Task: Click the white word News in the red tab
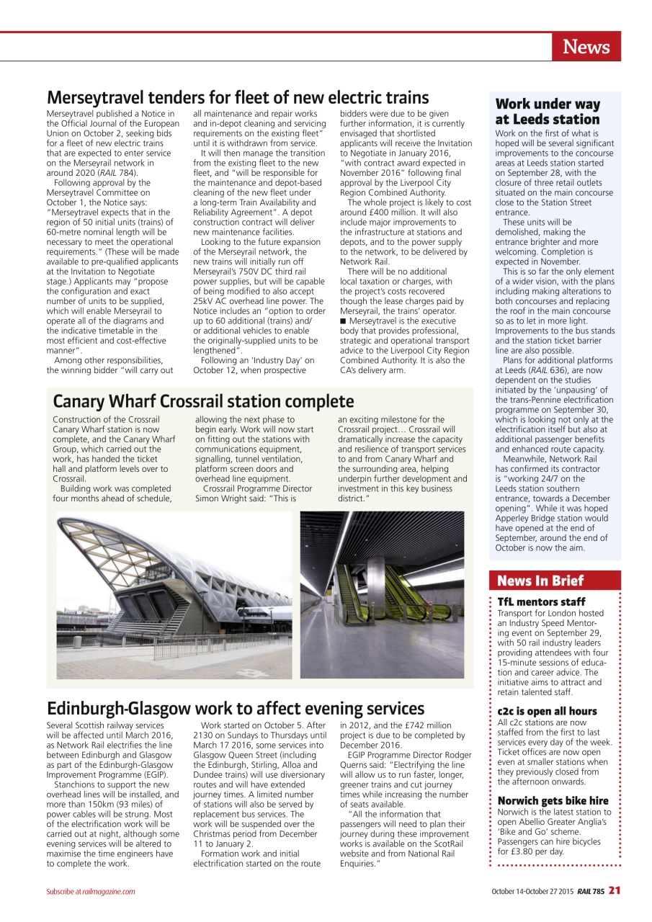click(x=586, y=48)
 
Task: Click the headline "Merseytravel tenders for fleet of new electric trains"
click(x=238, y=97)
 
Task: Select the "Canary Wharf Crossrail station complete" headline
click(x=204, y=401)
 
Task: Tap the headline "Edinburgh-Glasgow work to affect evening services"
click(x=236, y=708)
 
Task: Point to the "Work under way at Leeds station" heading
click(x=548, y=112)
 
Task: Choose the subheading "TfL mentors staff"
click(x=541, y=601)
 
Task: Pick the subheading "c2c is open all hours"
click(x=547, y=711)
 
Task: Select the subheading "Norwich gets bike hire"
click(x=553, y=800)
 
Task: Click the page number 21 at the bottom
click(x=614, y=891)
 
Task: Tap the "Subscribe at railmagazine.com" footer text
click(x=91, y=892)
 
